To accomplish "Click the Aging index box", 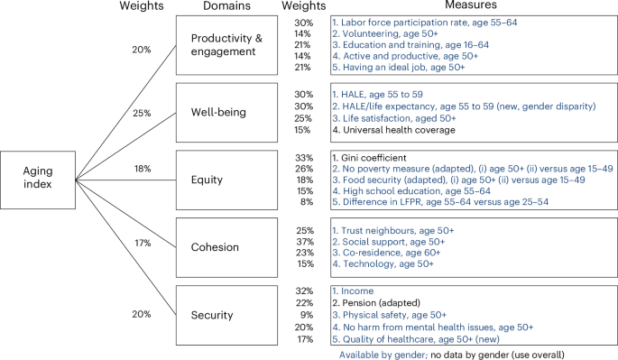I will [37, 178].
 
